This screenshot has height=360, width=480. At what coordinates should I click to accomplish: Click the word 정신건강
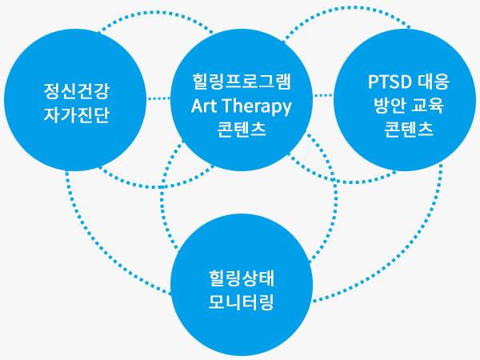pos(77,91)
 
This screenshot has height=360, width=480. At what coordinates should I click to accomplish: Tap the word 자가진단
pos(77,114)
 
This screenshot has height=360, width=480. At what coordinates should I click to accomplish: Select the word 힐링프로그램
pos(242,82)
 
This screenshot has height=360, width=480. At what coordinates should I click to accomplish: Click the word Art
pos(205,106)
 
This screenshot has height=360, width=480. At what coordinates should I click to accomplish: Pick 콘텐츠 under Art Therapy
pos(242,129)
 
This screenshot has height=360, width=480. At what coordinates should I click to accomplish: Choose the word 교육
pos(427,106)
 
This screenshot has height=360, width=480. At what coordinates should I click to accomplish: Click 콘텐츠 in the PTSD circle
pos(409,129)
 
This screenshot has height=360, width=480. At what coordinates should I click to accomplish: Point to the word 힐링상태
pos(242,278)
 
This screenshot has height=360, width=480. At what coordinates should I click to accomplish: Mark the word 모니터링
pos(242,302)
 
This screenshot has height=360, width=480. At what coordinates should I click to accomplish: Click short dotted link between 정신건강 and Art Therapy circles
pos(158,98)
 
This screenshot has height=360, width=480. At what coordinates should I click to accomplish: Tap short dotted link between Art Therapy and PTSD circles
pos(323,95)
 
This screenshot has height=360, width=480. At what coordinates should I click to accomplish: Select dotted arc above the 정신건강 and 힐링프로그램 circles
pos(156,13)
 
